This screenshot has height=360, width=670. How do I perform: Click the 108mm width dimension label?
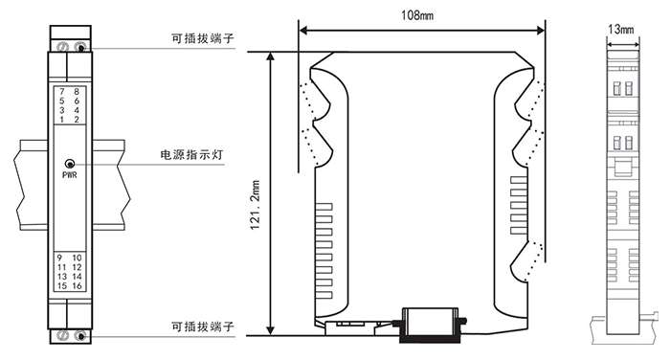pos(417,15)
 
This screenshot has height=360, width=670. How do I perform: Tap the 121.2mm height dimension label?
pos(256,205)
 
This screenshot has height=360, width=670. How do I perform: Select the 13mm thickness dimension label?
pos(621,29)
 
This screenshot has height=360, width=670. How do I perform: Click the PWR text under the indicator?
pos(70,175)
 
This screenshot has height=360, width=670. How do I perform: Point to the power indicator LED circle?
pos(69,164)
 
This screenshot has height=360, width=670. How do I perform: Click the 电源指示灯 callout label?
pos(191,154)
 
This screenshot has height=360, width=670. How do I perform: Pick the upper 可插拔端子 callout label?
pos(203,38)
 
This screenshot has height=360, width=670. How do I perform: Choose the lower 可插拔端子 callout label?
pos(203,326)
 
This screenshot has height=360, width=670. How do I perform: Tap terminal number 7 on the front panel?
pos(62,92)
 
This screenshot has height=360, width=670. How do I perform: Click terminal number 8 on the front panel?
pos(77,92)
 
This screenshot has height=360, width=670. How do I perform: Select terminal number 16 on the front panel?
pos(77,286)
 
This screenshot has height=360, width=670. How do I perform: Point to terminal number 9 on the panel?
pos(59,258)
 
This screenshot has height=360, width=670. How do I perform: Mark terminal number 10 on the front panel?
pos(77,258)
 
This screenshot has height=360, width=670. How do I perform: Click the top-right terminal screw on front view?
pos(79,47)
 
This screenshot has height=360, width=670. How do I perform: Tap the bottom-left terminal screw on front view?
pos(62,335)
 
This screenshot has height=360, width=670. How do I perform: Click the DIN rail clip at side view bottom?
pos(431,325)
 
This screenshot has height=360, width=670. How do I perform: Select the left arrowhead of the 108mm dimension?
pos(303,31)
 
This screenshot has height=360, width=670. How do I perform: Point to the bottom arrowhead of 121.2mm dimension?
pos(270,330)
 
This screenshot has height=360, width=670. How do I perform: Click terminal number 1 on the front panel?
pos(62,120)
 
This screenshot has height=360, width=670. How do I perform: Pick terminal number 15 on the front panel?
pos(62,286)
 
